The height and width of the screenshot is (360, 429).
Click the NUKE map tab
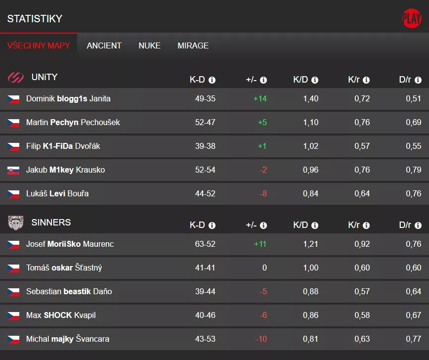click(x=149, y=45)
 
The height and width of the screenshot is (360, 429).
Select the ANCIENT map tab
click(x=104, y=45)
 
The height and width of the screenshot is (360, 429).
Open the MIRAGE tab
click(x=193, y=45)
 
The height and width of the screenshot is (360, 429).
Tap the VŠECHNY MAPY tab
click(x=39, y=45)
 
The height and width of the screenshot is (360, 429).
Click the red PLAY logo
click(x=411, y=19)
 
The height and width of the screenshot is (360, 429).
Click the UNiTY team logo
click(x=16, y=78)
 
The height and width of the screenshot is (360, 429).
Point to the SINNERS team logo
click(x=16, y=223)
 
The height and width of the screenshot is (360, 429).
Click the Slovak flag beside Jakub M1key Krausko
click(x=13, y=170)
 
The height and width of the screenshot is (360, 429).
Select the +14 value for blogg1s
click(x=260, y=99)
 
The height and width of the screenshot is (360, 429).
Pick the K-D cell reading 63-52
click(x=205, y=244)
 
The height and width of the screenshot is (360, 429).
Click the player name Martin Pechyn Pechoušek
click(x=73, y=123)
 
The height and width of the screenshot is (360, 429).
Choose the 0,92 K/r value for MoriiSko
click(x=362, y=244)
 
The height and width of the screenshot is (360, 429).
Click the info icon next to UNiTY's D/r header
click(x=418, y=80)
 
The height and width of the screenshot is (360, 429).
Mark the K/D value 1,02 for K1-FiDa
click(x=310, y=146)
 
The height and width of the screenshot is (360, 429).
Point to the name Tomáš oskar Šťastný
click(x=64, y=268)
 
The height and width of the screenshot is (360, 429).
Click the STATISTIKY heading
click(x=35, y=19)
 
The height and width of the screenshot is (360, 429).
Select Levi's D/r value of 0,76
click(x=413, y=194)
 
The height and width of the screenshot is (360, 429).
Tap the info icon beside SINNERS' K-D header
click(x=212, y=225)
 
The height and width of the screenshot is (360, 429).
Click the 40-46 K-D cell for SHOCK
click(x=205, y=315)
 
